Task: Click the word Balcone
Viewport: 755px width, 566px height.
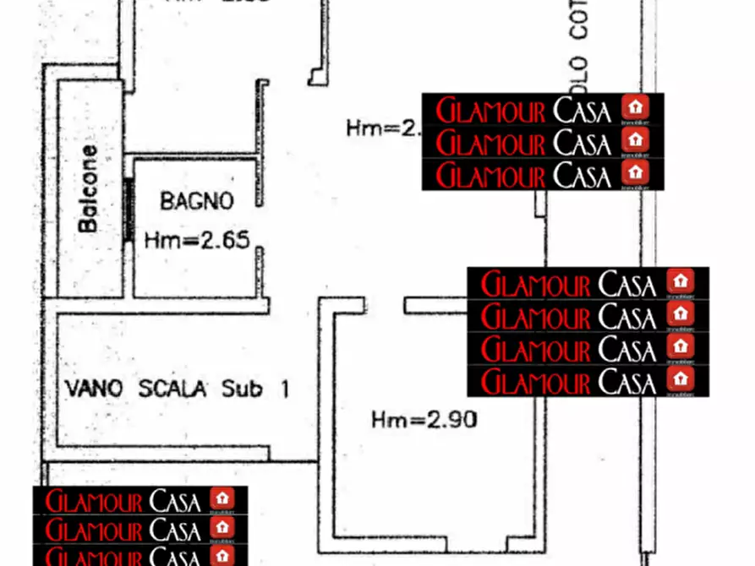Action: pos(88,188)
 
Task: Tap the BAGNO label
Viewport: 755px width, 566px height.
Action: pos(196,201)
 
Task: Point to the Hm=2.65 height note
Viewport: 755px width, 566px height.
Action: pos(196,241)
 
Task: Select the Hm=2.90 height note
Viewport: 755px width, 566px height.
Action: pos(424,419)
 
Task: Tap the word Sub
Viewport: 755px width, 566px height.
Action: pos(241,389)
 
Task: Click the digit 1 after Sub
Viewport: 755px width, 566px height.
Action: pos(284,389)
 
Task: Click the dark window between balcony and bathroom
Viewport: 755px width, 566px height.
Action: pos(129,209)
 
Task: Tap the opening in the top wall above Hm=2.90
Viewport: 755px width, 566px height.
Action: pos(385,305)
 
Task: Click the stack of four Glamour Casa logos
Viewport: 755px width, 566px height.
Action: pos(588,331)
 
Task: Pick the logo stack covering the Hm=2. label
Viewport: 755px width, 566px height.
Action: pos(542,142)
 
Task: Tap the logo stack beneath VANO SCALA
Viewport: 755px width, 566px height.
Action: pos(140,525)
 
